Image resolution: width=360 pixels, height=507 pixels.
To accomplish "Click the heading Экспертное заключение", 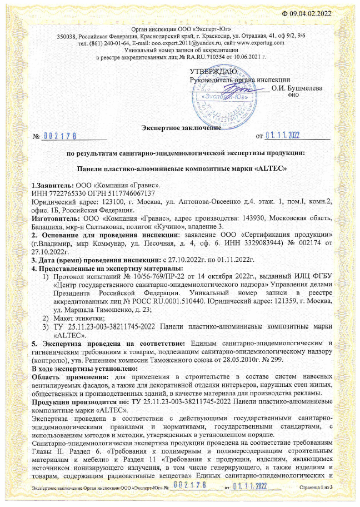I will point(181,128).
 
